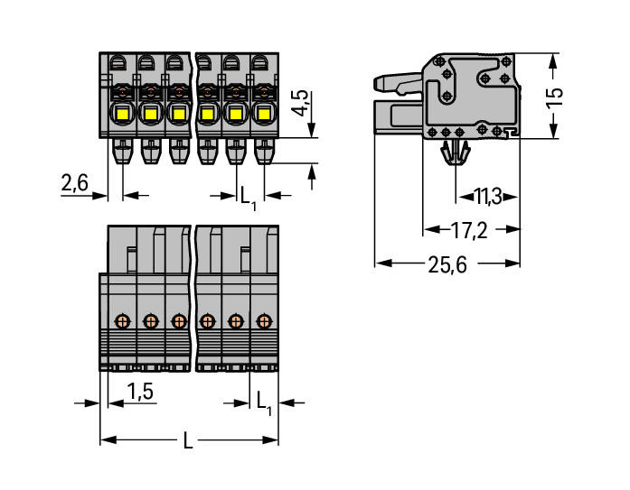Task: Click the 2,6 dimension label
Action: [x=74, y=183]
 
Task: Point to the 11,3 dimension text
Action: [x=494, y=195]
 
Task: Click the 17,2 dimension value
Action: [x=469, y=230]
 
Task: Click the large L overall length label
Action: [x=188, y=441]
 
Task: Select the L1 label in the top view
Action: [x=247, y=194]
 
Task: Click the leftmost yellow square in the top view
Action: [x=121, y=115]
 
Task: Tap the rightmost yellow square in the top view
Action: [x=264, y=115]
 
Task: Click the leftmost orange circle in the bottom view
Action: [x=122, y=320]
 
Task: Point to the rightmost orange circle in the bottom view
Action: [x=264, y=320]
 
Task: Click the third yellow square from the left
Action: [x=178, y=115]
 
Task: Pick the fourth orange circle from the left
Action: [x=207, y=320]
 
